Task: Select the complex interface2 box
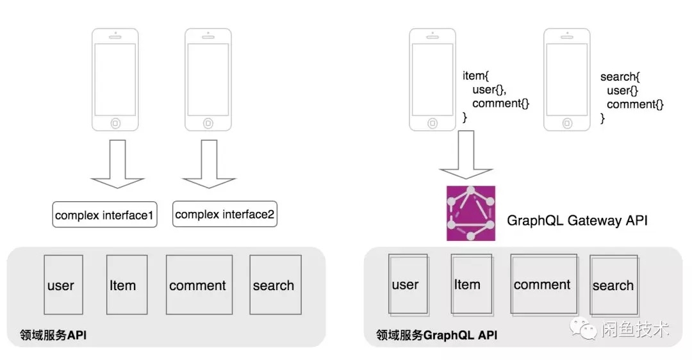225,215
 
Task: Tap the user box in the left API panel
63,284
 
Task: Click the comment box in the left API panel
199,284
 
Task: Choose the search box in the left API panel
275,284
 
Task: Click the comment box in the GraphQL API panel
543,284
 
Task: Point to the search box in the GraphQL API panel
614,285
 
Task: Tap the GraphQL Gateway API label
577,220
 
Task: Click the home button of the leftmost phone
115,122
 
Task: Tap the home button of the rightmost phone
567,122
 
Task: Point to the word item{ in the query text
475,76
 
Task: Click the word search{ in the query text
616,77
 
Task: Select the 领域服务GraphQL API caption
436,335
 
